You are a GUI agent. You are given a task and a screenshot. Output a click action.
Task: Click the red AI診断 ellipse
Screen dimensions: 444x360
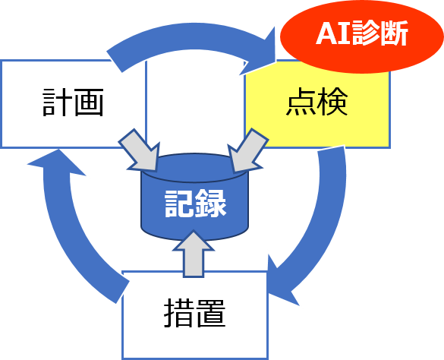(361, 36)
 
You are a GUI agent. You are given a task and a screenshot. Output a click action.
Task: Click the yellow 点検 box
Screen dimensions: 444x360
(317, 104)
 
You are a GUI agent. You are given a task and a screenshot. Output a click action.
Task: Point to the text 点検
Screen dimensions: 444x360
(316, 102)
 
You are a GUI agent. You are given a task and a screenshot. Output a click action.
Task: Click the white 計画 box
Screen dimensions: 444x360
(73, 104)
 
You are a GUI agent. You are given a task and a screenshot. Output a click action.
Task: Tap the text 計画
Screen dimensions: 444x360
(73, 102)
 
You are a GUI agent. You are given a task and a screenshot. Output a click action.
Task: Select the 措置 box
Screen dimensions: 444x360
(195, 315)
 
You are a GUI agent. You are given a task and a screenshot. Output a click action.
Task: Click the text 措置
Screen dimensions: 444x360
(195, 313)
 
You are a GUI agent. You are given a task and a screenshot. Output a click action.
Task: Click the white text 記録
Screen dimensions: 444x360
(195, 204)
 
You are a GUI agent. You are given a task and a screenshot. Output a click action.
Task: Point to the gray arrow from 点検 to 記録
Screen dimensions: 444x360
(247, 151)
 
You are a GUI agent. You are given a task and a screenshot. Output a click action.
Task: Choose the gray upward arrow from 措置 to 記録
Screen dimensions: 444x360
(194, 254)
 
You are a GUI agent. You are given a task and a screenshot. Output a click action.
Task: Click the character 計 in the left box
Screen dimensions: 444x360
(57, 102)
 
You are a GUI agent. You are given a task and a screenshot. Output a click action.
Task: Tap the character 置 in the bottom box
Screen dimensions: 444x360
(211, 313)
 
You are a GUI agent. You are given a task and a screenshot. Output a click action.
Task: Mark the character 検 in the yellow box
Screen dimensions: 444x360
(332, 102)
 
